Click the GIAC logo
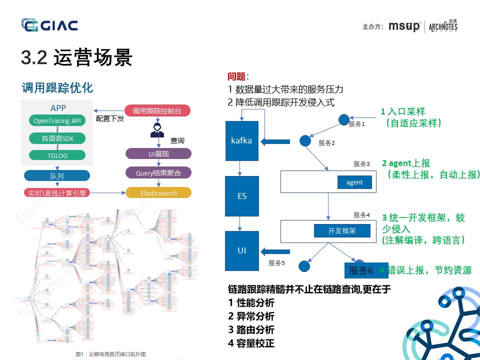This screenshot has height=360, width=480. coord(49,25)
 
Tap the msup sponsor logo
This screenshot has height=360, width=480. coord(404,26)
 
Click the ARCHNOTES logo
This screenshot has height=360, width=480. coord(443,25)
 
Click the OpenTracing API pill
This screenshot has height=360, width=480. coord(56,121)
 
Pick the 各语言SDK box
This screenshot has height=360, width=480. coord(56,138)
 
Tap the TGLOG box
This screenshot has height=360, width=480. coord(56,155)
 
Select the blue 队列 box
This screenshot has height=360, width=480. coord(56,176)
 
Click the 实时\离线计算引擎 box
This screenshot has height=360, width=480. coord(56,193)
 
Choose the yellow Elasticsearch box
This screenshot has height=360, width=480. coord(158,193)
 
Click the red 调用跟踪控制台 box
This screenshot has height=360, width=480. coord(158,110)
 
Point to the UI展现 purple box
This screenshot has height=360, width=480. coord(158,154)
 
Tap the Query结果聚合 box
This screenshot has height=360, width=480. coord(158,173)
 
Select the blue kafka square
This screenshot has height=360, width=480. coord(241,141)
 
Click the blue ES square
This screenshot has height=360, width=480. coord(241,196)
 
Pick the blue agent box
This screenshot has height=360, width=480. coord(354,182)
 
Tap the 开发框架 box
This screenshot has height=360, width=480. coord(342,230)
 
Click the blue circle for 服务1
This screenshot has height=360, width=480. coord(343,119)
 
